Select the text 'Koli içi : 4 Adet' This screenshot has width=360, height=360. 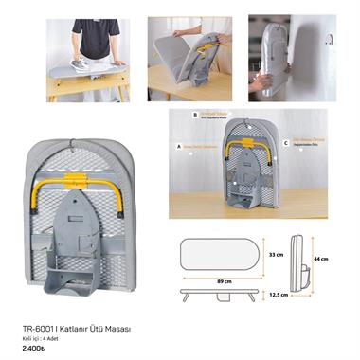[39, 337]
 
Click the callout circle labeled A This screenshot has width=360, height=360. [179, 147]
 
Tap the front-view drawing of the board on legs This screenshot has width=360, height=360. [220, 294]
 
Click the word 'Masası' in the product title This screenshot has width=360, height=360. [115, 328]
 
